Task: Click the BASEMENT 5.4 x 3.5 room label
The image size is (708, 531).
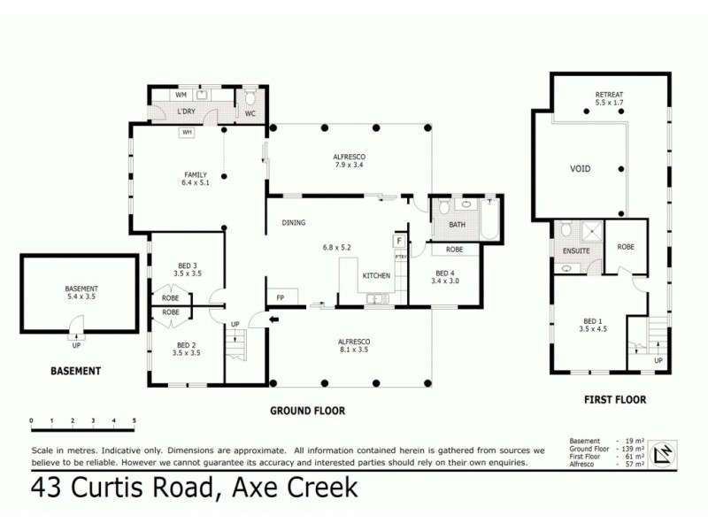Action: coord(81,294)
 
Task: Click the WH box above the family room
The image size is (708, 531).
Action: coord(187,133)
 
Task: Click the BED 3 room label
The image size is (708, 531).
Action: coord(185,270)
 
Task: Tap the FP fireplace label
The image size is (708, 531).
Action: coord(280,298)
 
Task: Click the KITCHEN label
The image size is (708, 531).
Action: coord(376,277)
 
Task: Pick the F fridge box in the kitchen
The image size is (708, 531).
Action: coord(400,240)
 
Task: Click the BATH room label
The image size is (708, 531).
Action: coord(444,225)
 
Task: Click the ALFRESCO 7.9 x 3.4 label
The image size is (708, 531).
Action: coord(349,161)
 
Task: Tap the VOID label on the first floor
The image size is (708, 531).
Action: coord(581,168)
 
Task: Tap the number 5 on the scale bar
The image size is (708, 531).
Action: coord(135,420)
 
